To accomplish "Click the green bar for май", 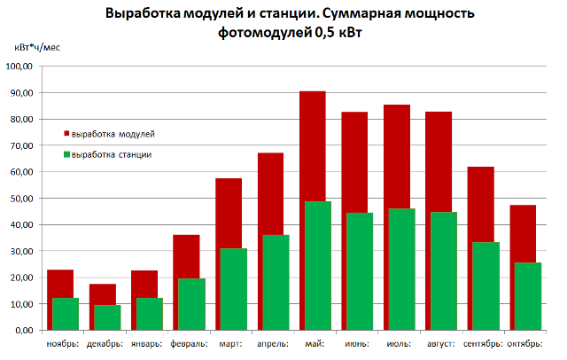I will tap(316, 266).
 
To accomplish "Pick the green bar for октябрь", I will tap(527, 296).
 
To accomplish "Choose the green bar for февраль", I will tap(190, 304).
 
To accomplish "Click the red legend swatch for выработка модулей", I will tap(66, 134).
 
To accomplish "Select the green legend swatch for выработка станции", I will tap(66, 154).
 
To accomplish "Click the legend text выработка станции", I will tap(112, 154).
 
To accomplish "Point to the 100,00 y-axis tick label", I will tap(19, 67).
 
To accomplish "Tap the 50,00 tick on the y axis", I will tap(20, 198).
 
